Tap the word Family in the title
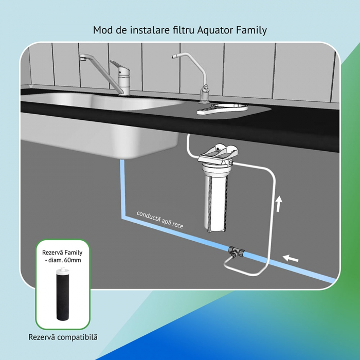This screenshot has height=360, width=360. (x=251, y=30)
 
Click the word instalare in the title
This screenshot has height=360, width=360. (x=142, y=30)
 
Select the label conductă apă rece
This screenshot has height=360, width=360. (x=160, y=219)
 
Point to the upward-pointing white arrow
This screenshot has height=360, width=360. (x=279, y=204)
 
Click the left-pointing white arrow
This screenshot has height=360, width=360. (x=292, y=257)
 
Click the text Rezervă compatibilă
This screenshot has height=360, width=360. (x=63, y=337)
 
